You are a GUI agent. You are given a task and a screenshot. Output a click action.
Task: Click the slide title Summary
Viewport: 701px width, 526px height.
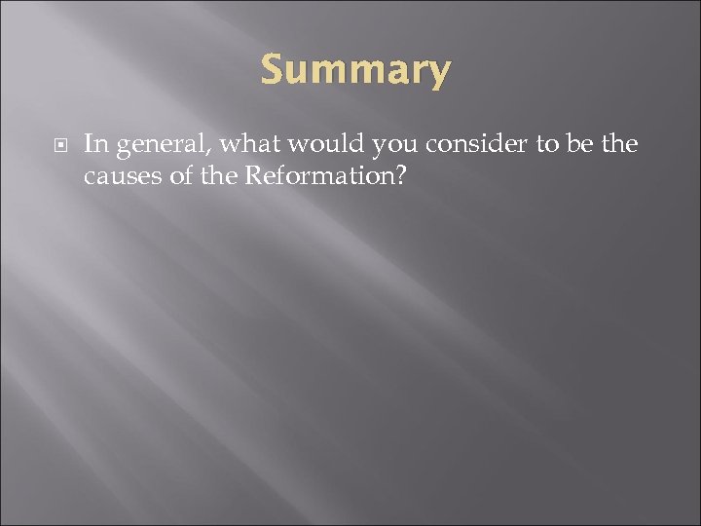pos(355,70)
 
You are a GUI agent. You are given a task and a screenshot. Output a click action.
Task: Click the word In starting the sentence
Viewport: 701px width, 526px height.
pos(93,145)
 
